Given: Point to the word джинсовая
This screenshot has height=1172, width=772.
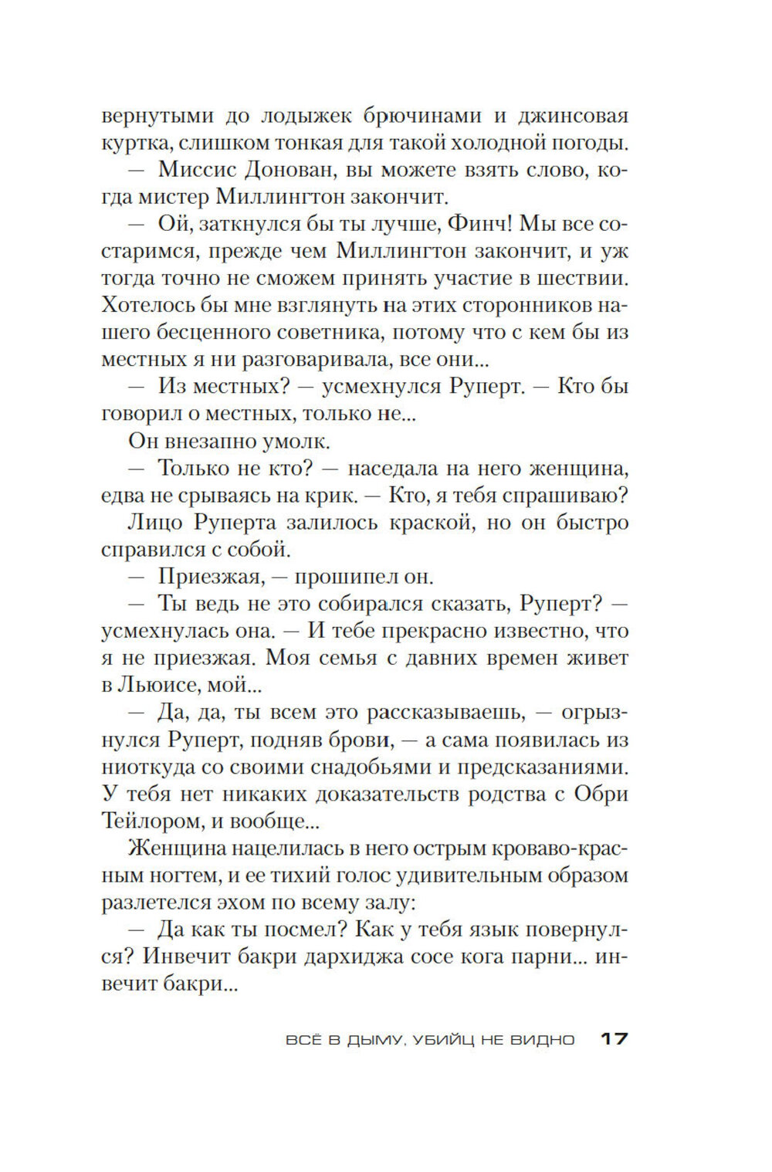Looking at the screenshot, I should point(571,116).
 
